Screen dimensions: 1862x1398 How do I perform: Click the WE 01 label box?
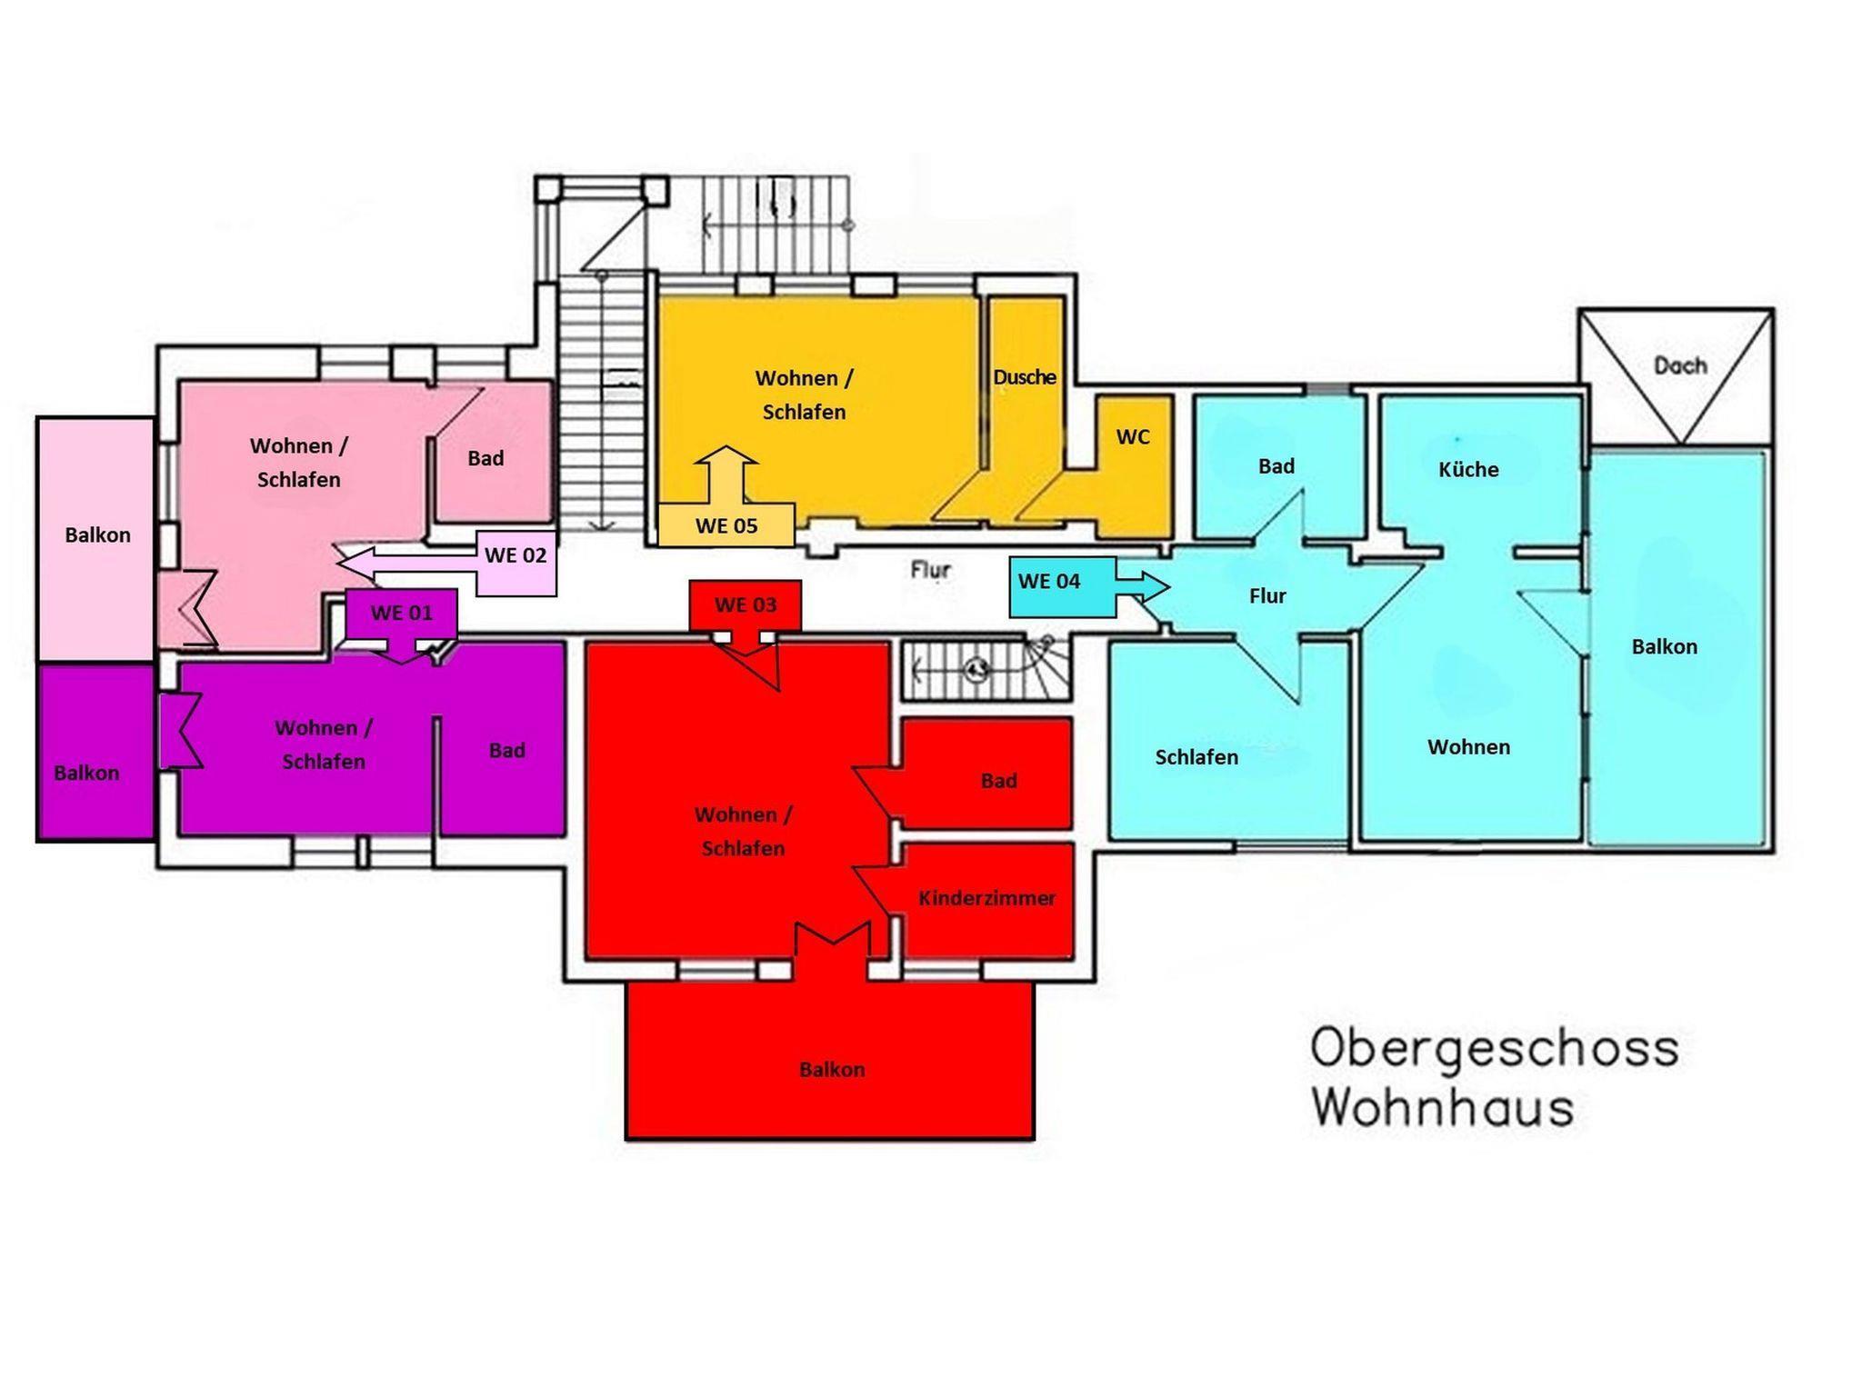[x=401, y=614]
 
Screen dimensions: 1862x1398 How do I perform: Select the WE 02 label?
[x=516, y=555]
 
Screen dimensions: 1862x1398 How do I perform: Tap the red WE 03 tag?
[x=746, y=605]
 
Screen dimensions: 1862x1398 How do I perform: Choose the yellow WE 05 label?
[x=726, y=525]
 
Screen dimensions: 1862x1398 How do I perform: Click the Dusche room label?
[x=1025, y=377]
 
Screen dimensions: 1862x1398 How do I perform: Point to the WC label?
[x=1133, y=437]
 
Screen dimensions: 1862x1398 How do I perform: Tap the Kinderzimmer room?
[x=987, y=899]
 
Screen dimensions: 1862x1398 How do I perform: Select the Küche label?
[x=1468, y=470]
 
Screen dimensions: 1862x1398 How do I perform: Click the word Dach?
[x=1680, y=366]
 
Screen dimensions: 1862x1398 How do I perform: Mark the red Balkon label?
[x=832, y=1070]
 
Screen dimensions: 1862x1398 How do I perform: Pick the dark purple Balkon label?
[x=86, y=774]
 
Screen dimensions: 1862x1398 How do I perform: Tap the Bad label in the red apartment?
[x=998, y=781]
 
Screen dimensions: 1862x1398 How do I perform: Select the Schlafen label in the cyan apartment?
[x=1196, y=757]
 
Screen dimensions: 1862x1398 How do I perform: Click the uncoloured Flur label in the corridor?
[x=931, y=570]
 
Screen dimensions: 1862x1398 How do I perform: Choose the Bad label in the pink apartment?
[x=486, y=459]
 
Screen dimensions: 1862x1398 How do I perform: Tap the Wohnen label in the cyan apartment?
[x=1468, y=747]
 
